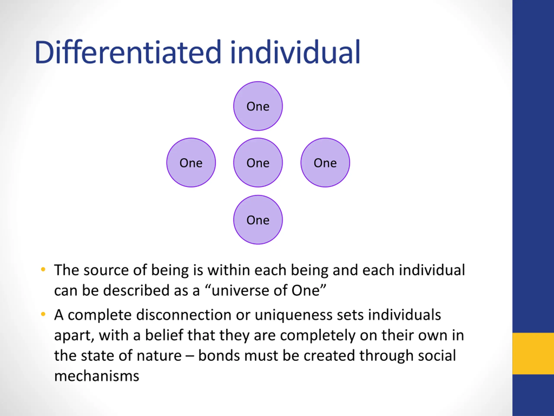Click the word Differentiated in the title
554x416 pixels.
click(128, 52)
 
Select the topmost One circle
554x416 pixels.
click(258, 106)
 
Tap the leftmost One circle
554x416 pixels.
click(191, 163)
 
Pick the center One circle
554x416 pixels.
click(258, 163)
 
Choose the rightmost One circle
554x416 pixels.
click(325, 163)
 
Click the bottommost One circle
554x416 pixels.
click(258, 220)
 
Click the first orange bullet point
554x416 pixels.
click(43, 270)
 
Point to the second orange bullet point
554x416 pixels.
click(43, 314)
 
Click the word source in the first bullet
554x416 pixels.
click(106, 271)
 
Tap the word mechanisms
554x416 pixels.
click(97, 376)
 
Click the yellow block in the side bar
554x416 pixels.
click(533, 353)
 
